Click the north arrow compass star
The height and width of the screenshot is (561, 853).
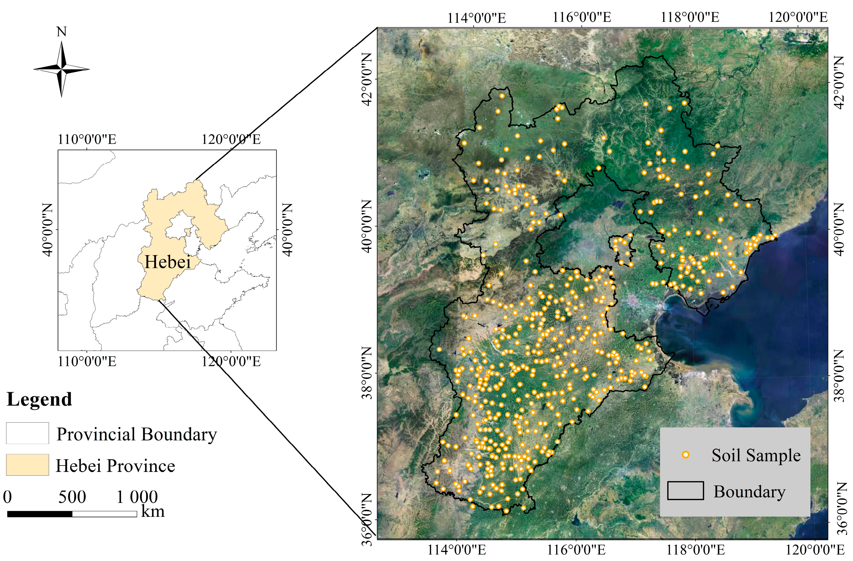62,69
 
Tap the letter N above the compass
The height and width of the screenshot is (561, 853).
62,32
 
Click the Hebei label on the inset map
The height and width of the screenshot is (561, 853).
167,262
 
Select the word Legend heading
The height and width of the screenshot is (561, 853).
39,399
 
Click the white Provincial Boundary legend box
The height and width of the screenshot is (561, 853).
27,433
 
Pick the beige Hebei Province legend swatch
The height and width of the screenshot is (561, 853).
27,465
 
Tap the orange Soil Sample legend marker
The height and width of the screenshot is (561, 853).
685,455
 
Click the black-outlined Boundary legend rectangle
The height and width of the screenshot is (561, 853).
685,491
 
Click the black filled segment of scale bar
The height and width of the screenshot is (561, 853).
39,514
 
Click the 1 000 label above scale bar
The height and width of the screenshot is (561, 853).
137,497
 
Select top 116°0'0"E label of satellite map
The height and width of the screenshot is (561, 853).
582,17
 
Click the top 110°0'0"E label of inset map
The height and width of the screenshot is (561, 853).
87,139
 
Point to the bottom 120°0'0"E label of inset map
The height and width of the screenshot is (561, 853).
231,362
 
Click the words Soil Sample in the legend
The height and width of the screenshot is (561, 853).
756,456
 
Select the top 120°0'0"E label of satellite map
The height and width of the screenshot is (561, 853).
798,17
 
